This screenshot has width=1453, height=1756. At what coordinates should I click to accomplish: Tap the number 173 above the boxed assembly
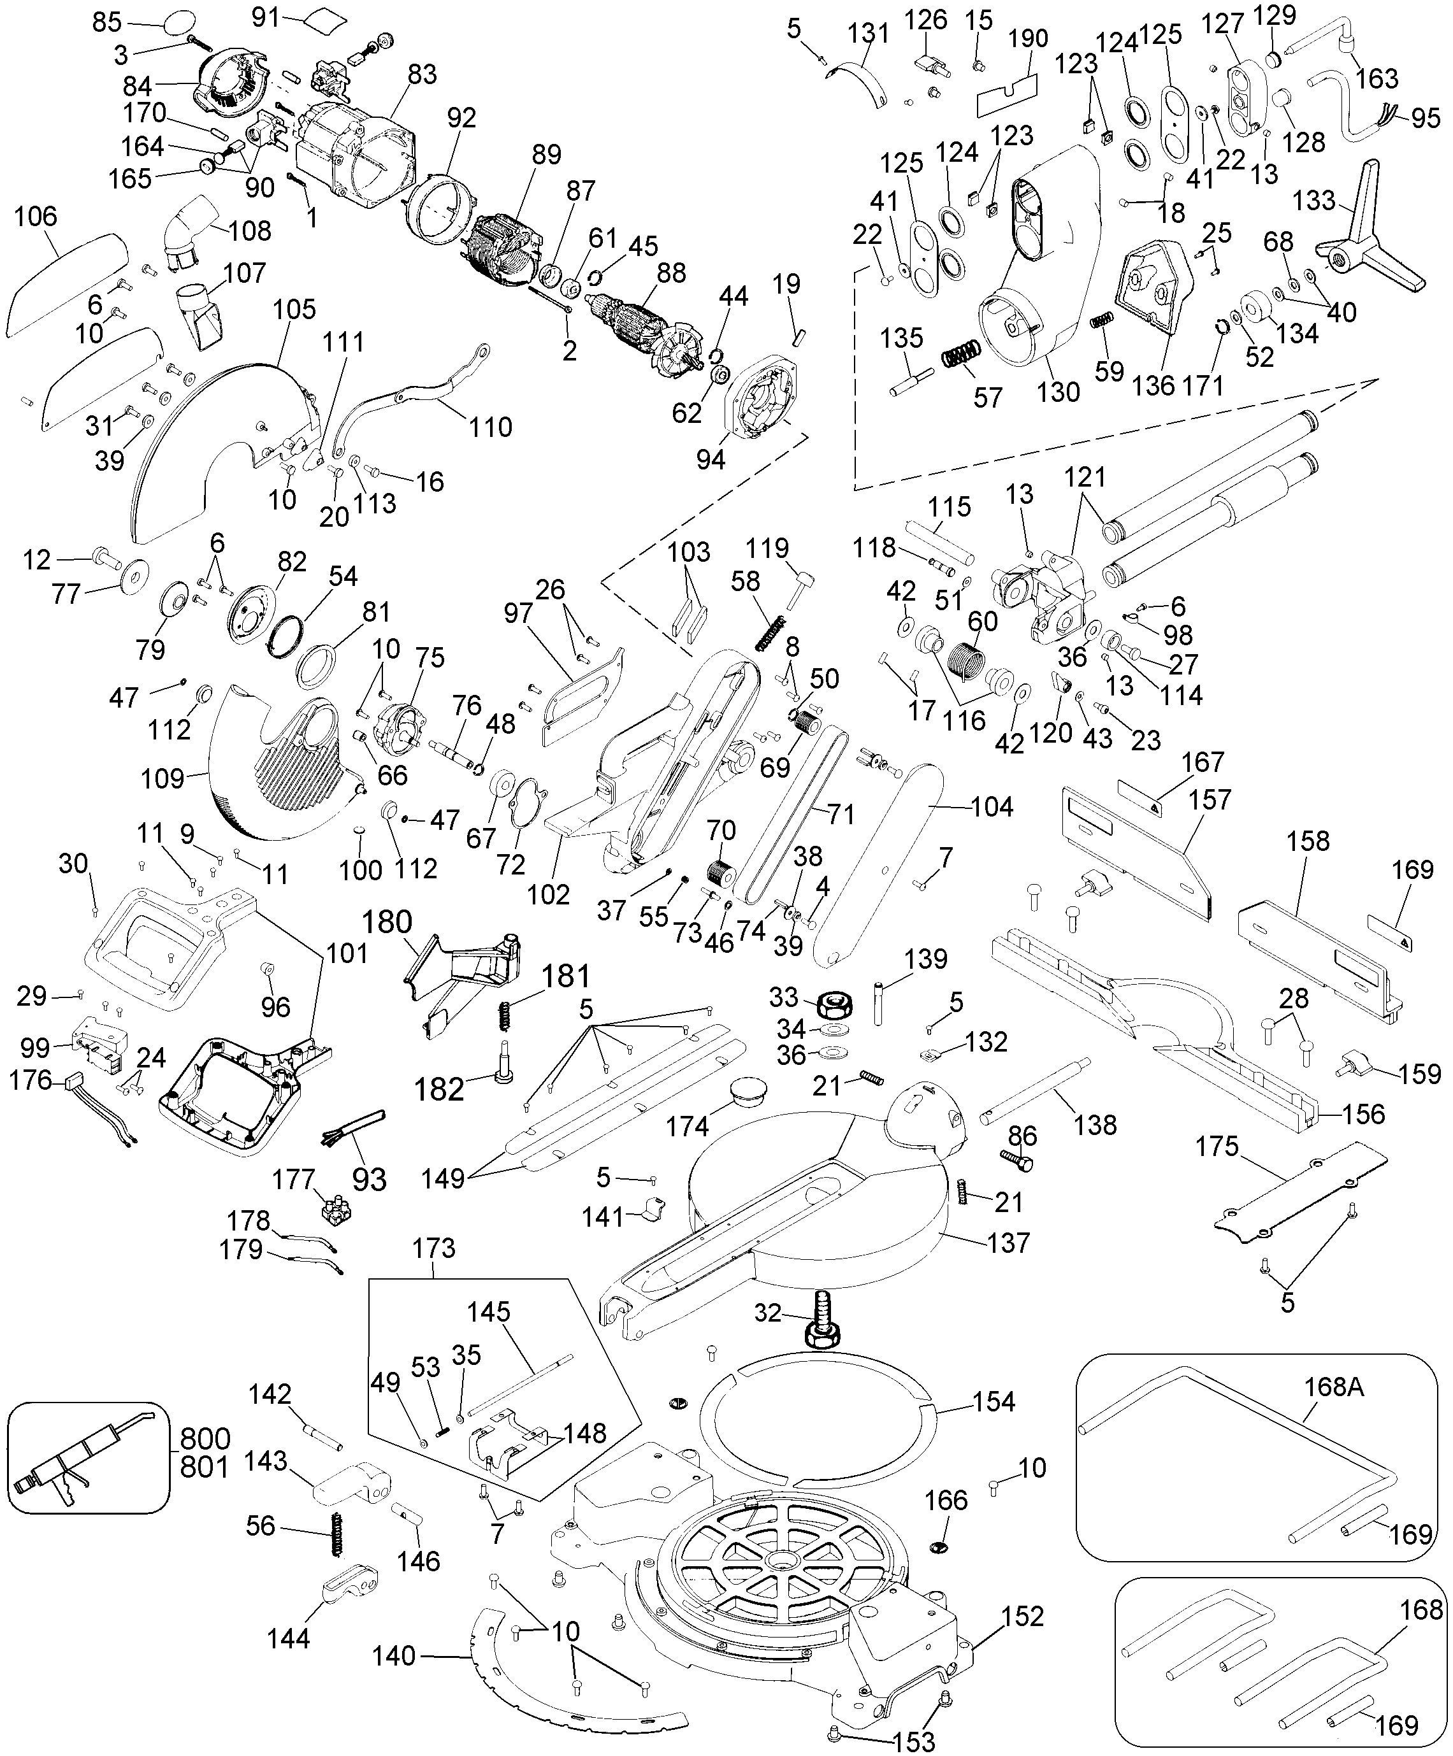[x=434, y=1248]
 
